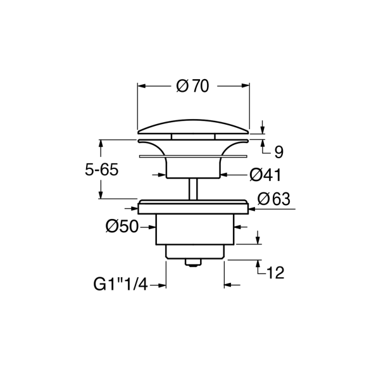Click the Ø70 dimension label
point(193,86)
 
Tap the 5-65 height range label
point(101,170)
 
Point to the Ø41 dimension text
point(265,174)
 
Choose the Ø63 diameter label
point(273,199)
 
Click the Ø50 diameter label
point(122,226)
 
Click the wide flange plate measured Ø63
point(193,207)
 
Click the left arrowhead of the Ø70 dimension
point(141,86)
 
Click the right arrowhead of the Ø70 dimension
point(245,86)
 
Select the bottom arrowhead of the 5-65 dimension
point(100,194)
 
